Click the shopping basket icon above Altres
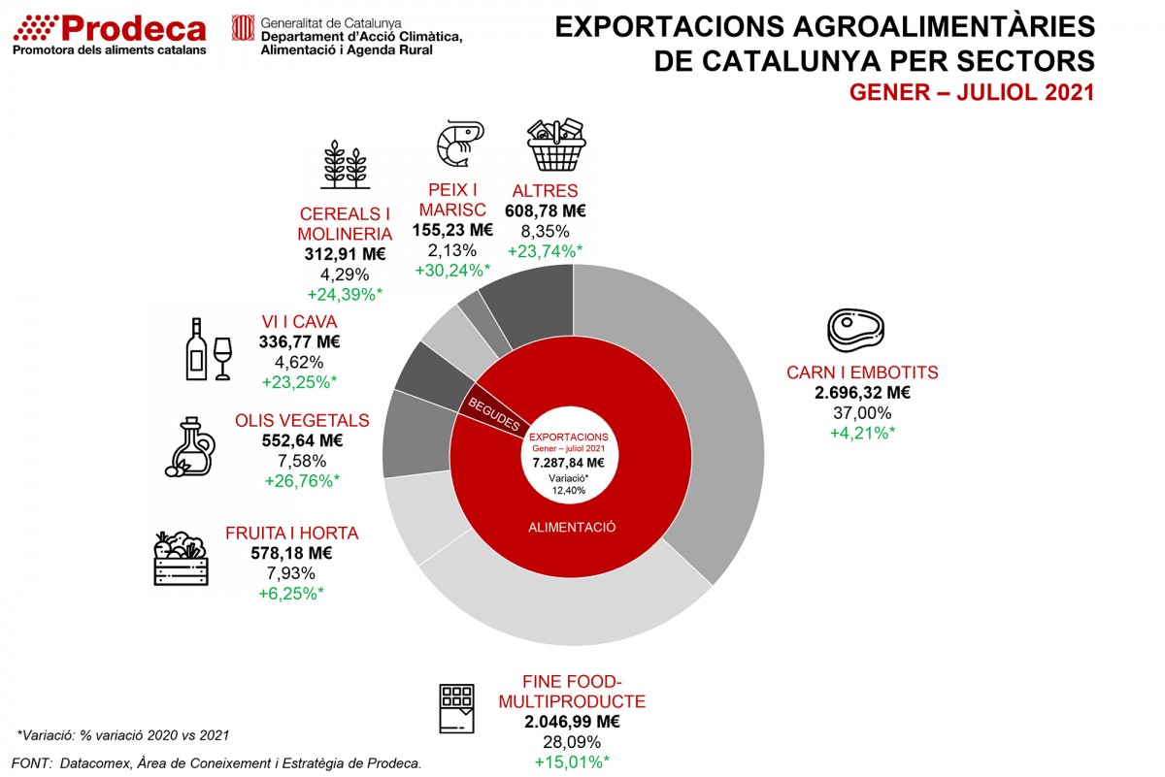click(x=555, y=145)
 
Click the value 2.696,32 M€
click(x=862, y=393)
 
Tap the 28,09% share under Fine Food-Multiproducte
click(x=571, y=742)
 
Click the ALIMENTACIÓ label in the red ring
click(x=573, y=527)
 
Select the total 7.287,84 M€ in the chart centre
click(x=570, y=463)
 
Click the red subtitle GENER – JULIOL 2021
click(x=972, y=93)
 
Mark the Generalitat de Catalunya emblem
click(x=243, y=28)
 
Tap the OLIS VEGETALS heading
click(x=302, y=421)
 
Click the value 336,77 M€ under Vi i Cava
click(x=299, y=341)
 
